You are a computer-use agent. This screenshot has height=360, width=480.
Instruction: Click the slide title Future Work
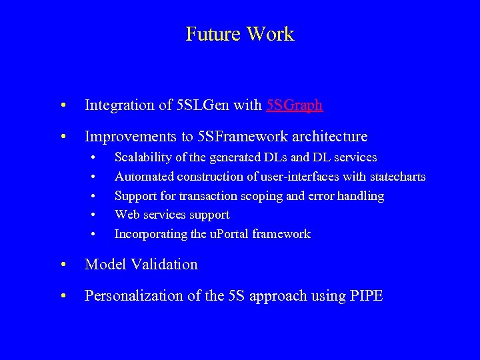[x=239, y=34]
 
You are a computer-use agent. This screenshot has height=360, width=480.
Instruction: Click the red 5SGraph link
[x=295, y=105]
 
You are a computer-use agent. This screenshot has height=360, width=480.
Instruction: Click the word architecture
[x=328, y=137]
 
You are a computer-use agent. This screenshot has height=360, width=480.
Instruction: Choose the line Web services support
[x=172, y=215]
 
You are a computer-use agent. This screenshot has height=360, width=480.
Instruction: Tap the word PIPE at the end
[x=366, y=297]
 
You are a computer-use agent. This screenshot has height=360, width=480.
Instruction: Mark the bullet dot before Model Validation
[x=63, y=265]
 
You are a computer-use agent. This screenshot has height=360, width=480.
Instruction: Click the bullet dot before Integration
[x=63, y=105]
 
